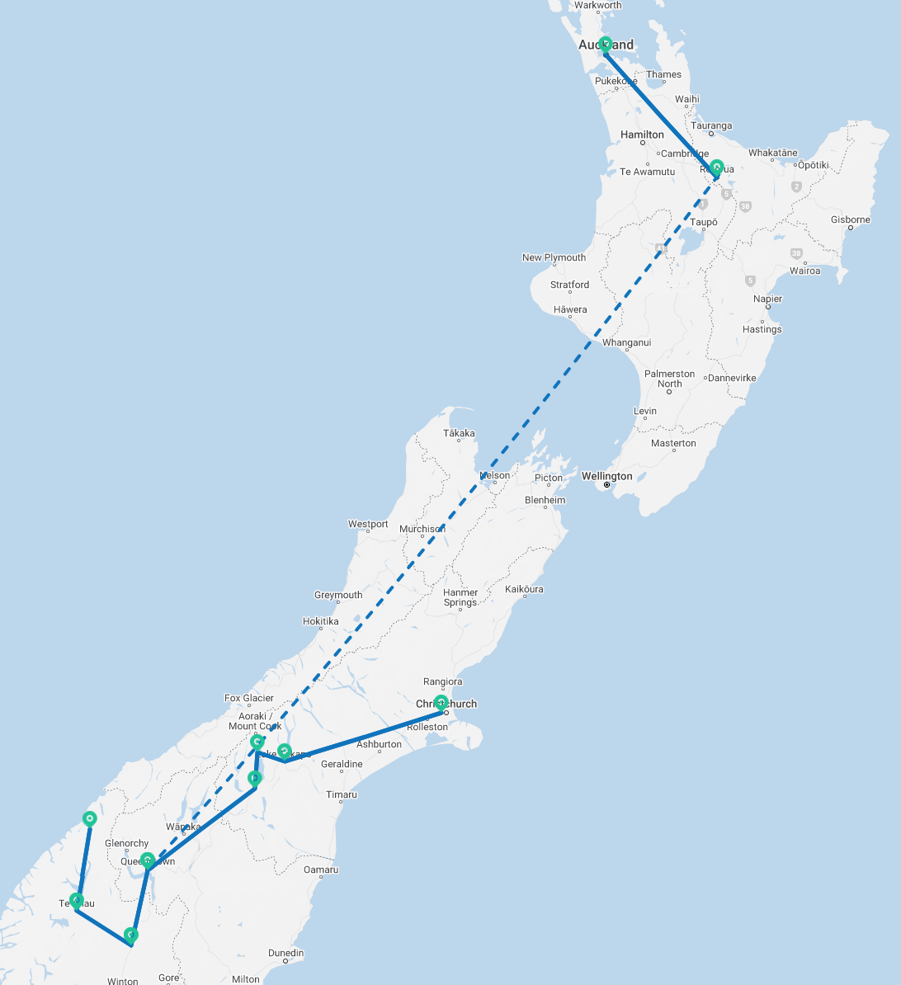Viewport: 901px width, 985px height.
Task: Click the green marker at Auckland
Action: (x=605, y=45)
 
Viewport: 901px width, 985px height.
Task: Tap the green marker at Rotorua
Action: (x=717, y=167)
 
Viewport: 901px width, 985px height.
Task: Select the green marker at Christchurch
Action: (x=441, y=703)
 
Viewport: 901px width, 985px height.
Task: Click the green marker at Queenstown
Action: (x=147, y=860)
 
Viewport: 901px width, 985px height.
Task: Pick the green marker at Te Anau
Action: (x=76, y=900)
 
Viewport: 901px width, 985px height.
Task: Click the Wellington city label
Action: (x=606, y=476)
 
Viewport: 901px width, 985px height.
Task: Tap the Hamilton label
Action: (x=642, y=134)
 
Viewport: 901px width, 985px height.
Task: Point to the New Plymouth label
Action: (x=554, y=257)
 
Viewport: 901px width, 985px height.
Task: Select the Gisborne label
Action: (x=850, y=219)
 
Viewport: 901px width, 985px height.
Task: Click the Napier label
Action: (x=767, y=299)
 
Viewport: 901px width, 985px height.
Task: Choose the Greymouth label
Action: (x=338, y=595)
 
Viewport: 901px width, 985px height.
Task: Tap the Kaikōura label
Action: (x=524, y=589)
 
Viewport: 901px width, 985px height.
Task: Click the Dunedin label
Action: (x=285, y=953)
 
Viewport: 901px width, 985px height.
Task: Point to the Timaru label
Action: (x=342, y=794)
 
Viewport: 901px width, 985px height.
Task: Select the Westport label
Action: (x=368, y=524)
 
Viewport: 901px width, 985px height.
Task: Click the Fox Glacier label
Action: (x=249, y=698)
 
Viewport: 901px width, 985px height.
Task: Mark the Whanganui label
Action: (x=627, y=342)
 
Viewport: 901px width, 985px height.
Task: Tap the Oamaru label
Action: (x=321, y=870)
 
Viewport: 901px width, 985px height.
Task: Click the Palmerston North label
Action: (x=669, y=379)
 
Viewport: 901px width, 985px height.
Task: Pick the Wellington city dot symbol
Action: (x=606, y=485)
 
